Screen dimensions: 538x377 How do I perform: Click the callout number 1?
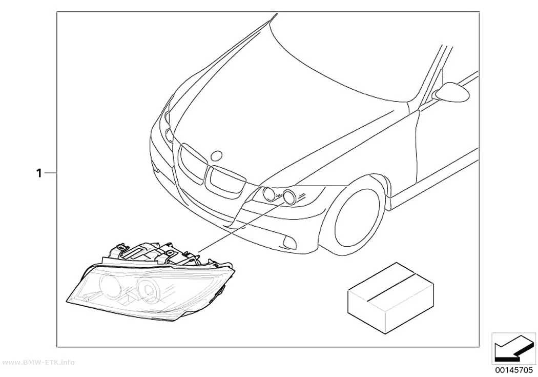(39, 173)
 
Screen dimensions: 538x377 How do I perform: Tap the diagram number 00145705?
(514, 370)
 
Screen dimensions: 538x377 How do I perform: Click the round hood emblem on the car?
(217, 156)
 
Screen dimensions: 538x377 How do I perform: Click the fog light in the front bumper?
(288, 243)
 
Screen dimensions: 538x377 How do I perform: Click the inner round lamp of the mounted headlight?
(268, 194)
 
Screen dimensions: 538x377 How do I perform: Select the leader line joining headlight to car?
(241, 227)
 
